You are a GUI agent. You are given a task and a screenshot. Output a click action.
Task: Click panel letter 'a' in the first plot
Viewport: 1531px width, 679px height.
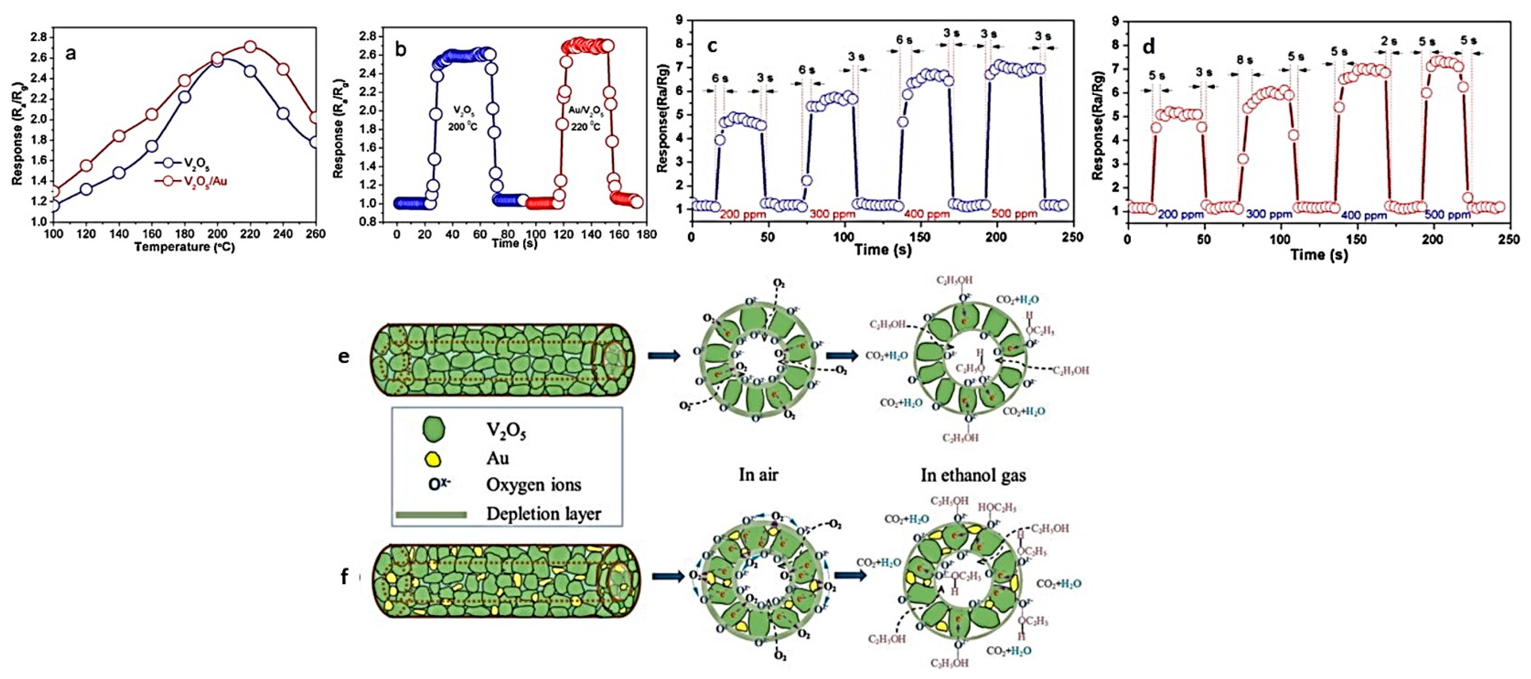[71, 54]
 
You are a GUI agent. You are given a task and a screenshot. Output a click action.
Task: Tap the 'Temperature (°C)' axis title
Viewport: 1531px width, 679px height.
[184, 247]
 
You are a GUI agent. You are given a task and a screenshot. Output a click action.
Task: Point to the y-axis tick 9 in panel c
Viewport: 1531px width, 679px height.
[678, 20]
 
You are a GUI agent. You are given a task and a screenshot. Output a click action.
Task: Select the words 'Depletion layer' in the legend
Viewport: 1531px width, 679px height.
[543, 514]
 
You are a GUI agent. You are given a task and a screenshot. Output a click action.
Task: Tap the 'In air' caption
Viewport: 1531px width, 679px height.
[758, 475]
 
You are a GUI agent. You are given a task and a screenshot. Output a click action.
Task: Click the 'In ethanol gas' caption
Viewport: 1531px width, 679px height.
[973, 475]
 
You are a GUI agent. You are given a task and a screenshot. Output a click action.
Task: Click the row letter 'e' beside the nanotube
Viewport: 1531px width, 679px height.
[344, 357]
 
